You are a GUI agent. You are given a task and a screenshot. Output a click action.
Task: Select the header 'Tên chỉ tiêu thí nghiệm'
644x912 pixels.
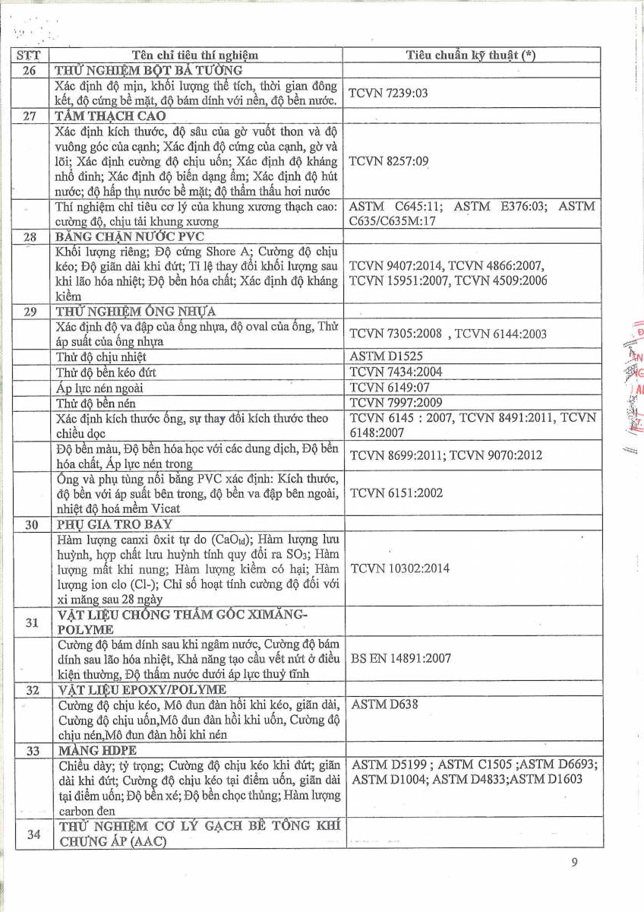(x=195, y=55)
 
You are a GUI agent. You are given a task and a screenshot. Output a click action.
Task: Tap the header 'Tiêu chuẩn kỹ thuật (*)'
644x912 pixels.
(x=471, y=55)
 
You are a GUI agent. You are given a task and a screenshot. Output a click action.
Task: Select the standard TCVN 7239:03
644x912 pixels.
(x=388, y=93)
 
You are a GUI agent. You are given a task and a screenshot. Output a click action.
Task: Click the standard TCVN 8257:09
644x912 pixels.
(x=388, y=162)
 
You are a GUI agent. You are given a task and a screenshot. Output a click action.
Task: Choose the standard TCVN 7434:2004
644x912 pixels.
(x=396, y=372)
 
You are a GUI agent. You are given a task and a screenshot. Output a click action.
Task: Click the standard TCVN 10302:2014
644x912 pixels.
(x=399, y=568)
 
